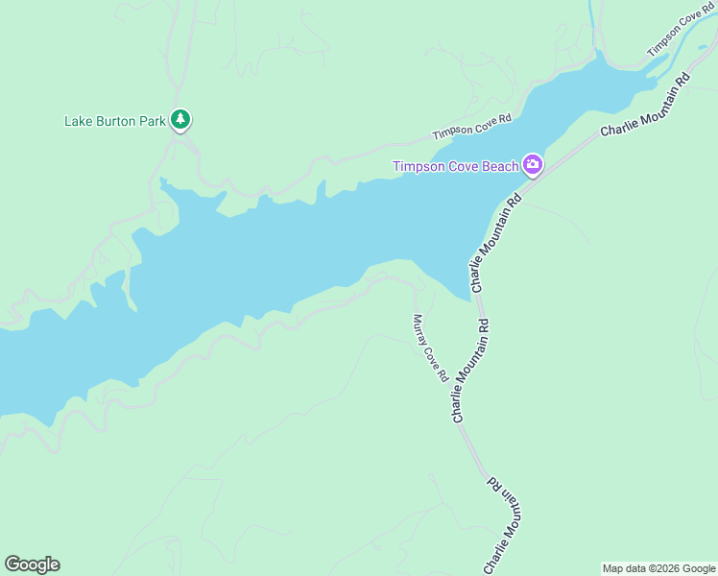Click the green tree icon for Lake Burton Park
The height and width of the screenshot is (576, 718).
pyautogui.click(x=180, y=120)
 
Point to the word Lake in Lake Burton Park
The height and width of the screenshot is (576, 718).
pyautogui.click(x=77, y=121)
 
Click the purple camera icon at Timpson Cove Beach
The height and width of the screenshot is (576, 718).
pyautogui.click(x=533, y=166)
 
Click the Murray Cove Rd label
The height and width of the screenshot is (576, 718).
pyautogui.click(x=431, y=348)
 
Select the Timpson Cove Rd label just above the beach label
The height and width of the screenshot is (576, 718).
pyautogui.click(x=472, y=126)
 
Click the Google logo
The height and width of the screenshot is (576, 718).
pyautogui.click(x=32, y=564)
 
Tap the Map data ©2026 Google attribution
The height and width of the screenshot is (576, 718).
pyautogui.click(x=658, y=568)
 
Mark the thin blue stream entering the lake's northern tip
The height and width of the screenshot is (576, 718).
pyautogui.click(x=598, y=29)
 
